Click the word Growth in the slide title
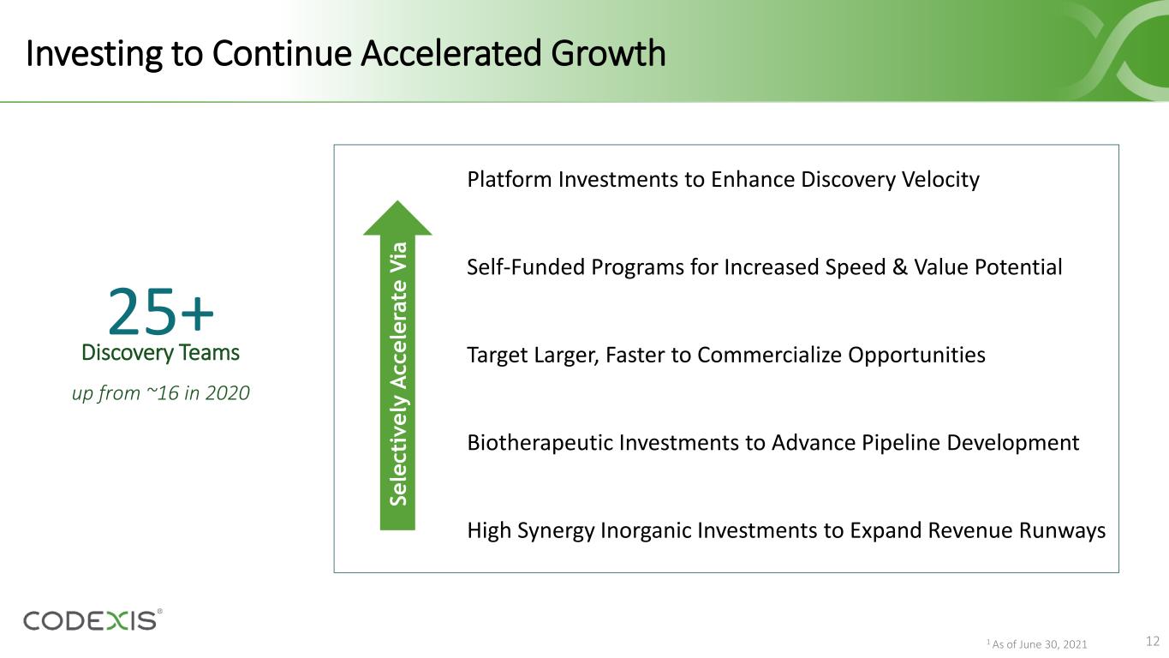608,54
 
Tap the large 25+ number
161,311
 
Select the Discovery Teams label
161,352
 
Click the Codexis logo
92,620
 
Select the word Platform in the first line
510,179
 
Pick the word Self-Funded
526,267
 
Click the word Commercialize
769,355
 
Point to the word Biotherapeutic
540,443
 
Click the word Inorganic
646,531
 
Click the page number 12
1153,641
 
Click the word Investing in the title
94,55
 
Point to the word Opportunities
916,356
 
